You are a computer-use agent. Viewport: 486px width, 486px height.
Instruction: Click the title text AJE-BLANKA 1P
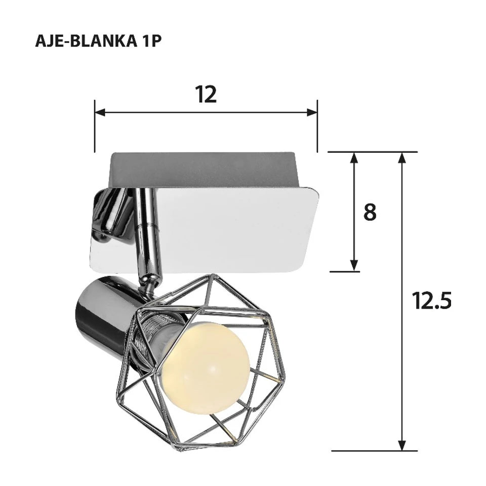point(98,41)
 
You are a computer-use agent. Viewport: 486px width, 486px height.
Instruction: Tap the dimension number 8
point(370,213)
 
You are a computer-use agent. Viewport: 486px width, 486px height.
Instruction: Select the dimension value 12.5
point(431,301)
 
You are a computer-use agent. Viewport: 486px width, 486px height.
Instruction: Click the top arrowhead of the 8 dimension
point(354,157)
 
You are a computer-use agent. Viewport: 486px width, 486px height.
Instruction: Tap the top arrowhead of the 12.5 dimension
point(402,157)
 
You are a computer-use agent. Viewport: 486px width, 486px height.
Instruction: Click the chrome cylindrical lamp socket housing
point(101,309)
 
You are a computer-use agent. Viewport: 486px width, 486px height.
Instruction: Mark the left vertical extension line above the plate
point(95,127)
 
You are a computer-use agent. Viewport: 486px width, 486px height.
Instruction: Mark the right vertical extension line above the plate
point(317,127)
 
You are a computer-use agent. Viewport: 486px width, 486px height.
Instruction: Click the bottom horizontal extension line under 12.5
point(375,450)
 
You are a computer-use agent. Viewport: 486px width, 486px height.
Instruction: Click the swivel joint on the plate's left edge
point(109,213)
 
